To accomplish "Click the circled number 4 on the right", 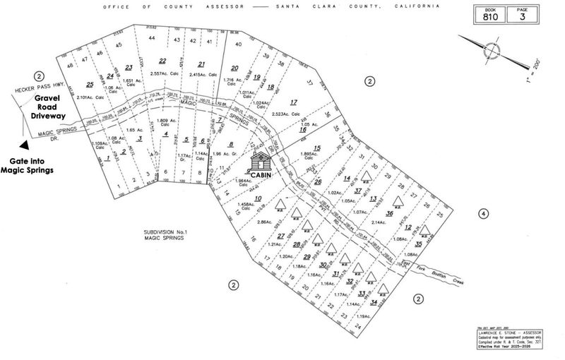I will [483, 214].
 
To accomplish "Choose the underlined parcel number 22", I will [162, 61].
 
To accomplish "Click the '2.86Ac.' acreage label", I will [266, 222].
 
